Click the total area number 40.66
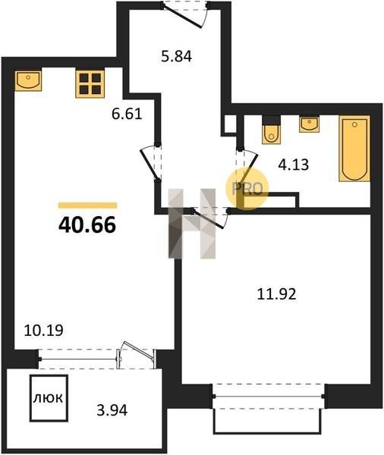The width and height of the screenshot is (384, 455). pos(87,225)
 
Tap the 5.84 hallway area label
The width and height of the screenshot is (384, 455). pos(176,56)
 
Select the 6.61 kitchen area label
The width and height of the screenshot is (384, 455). pos(127,114)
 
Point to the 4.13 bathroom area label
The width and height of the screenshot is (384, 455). pos(294,165)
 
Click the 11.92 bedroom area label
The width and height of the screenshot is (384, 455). pos(277,294)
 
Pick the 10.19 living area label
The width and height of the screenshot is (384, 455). pos(43,330)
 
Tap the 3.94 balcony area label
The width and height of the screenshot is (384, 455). pos(112,410)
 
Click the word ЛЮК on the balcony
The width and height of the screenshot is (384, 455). pos(48,398)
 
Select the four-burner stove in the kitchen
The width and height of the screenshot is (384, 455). pos(90,84)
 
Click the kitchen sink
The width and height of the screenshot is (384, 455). pos(28,80)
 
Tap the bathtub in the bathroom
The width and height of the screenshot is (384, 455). pos(354,149)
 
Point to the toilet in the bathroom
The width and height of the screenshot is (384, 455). pos(272,130)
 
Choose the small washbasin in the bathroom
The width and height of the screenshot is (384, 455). pos(310,124)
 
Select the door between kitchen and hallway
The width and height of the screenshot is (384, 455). pos(151,163)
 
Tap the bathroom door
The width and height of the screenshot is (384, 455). pos(247,168)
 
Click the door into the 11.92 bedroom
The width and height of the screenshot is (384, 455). pos(210,218)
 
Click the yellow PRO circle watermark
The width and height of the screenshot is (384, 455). pos(247,189)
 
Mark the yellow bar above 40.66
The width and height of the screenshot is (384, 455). pos(88,206)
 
